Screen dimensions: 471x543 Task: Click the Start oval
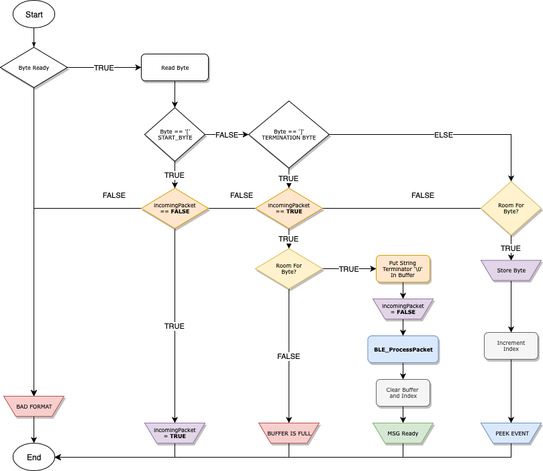(34, 14)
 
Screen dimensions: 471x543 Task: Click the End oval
(34, 457)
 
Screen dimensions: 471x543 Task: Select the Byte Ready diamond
(34, 68)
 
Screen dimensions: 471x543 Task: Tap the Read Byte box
(175, 68)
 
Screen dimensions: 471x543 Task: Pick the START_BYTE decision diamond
(175, 134)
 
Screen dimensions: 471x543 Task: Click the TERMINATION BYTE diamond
(289, 134)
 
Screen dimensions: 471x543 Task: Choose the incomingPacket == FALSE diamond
(175, 208)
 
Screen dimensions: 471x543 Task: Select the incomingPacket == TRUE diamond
(289, 208)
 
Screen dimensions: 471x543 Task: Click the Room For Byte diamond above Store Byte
(511, 208)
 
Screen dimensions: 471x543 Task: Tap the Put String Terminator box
(403, 268)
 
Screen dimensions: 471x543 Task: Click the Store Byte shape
(511, 270)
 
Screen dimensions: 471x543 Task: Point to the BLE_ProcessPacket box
(403, 349)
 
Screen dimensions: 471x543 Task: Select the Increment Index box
(511, 346)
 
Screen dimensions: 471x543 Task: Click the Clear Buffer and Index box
(403, 392)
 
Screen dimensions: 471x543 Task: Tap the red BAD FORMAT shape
(34, 406)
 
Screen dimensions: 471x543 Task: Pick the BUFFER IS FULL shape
(289, 433)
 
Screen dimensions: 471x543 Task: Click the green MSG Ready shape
(403, 433)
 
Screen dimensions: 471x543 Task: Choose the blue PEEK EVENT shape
(511, 433)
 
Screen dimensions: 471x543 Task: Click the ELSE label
(444, 135)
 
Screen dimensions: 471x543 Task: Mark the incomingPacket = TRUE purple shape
(175, 433)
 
